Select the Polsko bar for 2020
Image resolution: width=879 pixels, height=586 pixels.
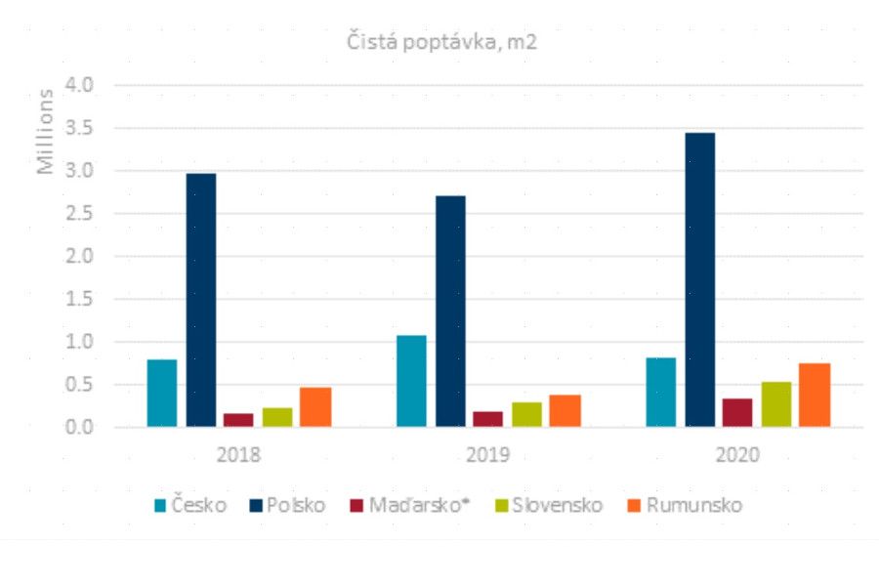tap(699, 279)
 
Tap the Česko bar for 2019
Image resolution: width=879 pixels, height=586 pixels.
tap(411, 381)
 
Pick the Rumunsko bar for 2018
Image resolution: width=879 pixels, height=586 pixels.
tap(315, 406)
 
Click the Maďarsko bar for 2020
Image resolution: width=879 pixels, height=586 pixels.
tap(737, 412)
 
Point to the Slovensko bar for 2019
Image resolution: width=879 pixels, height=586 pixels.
tap(526, 414)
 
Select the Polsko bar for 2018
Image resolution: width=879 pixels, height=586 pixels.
tap(201, 300)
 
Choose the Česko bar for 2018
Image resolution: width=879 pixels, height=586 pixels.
tap(162, 393)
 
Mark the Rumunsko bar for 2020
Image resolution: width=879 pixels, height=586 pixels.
tap(815, 395)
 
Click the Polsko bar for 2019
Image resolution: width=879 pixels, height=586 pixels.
tap(450, 311)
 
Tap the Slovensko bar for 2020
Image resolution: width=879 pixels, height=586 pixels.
tap(776, 403)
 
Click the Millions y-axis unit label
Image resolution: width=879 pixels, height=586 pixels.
tap(46, 132)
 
